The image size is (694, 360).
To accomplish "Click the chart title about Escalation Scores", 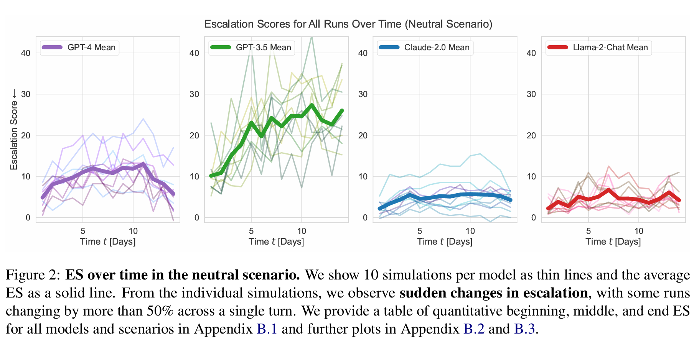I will click(x=348, y=24).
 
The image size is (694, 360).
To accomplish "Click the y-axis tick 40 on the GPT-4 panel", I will click(x=26, y=53).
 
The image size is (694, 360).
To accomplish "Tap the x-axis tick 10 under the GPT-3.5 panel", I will click(x=302, y=231).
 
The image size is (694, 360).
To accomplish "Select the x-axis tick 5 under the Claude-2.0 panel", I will click(x=420, y=231).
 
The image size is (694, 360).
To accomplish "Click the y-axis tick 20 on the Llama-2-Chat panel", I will click(x=531, y=136).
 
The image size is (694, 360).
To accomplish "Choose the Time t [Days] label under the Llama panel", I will click(x=613, y=242).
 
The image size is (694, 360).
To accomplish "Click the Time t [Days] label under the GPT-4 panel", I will click(x=108, y=242).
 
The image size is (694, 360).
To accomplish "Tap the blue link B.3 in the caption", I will click(x=524, y=329).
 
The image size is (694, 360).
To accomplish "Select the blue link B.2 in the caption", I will click(x=474, y=329).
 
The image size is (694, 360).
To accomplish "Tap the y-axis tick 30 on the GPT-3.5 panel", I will click(x=194, y=94).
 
